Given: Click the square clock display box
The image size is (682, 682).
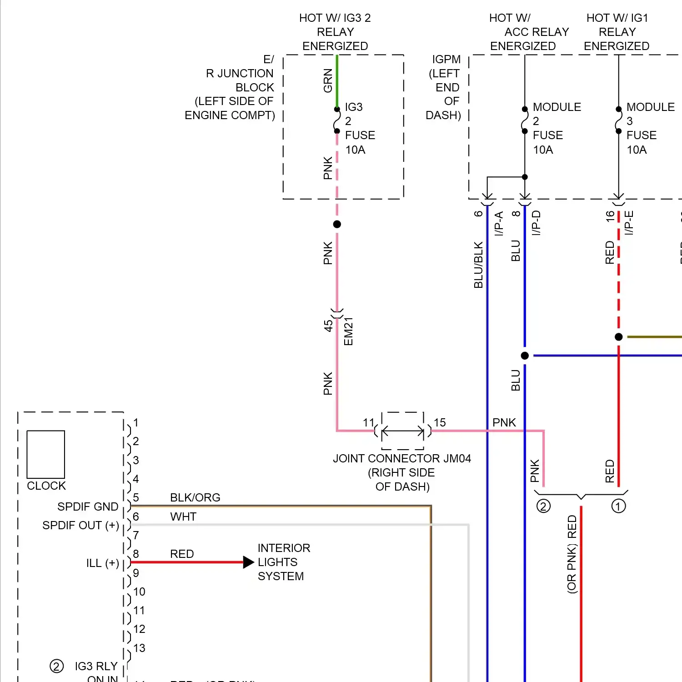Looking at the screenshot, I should tap(46, 454).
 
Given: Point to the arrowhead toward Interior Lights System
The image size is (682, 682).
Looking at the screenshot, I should tap(248, 562).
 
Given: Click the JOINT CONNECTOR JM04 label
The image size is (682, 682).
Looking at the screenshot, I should tap(402, 458).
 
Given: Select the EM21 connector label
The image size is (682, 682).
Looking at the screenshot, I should tap(348, 331).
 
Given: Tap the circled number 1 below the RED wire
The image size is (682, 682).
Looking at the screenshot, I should tap(618, 506).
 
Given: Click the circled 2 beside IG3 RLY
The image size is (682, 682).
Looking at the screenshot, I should tap(56, 667).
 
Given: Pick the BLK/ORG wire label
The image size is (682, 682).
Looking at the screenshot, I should tap(195, 498).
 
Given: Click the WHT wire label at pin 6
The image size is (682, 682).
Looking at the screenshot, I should tap(183, 517).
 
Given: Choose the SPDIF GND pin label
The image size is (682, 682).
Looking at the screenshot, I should tap(88, 506).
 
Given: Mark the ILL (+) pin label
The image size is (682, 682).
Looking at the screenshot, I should tap(103, 563).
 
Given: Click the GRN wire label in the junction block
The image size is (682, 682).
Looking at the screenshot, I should tap(328, 81).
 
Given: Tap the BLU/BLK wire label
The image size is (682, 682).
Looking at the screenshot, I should tap(478, 265).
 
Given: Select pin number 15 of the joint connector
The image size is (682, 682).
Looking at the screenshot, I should tap(440, 423).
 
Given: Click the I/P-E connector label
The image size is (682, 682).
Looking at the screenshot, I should tap(629, 223).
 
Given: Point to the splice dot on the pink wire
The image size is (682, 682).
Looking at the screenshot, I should tap(337, 224).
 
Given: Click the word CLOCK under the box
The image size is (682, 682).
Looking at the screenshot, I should tap(46, 486).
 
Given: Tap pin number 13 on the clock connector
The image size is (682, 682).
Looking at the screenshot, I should tap(139, 648).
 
